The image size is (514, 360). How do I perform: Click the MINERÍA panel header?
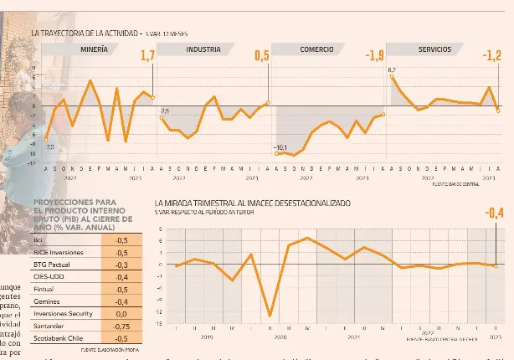94,49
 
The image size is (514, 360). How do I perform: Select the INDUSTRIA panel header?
203,49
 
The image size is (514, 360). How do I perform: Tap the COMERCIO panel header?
316,49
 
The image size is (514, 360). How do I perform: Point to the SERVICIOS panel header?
434,49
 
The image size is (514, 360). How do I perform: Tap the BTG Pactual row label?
53,263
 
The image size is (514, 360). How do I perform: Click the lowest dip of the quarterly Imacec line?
270,316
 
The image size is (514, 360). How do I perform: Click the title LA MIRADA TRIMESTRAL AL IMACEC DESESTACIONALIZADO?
253,203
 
